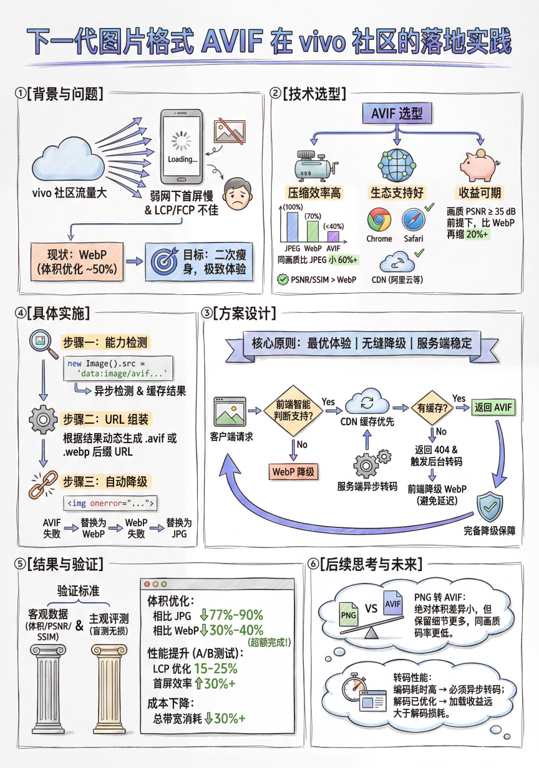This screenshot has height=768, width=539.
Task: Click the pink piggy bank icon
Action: point(480,166)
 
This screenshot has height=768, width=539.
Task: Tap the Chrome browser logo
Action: point(379,219)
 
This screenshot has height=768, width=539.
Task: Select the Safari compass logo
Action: point(414,220)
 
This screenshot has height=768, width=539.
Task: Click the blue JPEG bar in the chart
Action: point(293,227)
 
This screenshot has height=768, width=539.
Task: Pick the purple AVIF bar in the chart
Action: point(333,237)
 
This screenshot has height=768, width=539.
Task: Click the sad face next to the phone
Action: point(238,194)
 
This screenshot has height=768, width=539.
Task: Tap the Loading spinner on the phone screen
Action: point(182,141)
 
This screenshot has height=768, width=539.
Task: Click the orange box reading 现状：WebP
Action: point(77,262)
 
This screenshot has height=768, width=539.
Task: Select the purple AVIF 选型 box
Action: point(397,113)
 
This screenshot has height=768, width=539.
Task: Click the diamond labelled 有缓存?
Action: point(432,408)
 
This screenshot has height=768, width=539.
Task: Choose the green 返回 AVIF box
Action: point(493,407)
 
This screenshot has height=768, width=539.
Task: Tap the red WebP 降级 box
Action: point(293,472)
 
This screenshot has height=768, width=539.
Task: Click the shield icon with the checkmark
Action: point(490,507)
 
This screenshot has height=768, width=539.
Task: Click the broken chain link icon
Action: point(43,484)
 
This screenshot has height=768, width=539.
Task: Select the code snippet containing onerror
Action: point(110,503)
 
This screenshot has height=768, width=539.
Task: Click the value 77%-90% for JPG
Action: point(236,615)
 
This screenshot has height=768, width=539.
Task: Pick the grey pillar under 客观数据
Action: point(48,689)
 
